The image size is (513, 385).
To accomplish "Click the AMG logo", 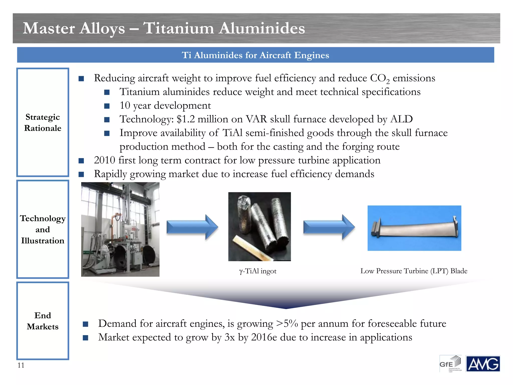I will point(483,364).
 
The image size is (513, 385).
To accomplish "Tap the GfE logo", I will point(450,364).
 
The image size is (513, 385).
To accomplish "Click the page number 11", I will point(21,365).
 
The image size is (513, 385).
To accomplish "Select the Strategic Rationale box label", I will point(43,123).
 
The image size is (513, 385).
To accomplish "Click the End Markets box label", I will point(43,321).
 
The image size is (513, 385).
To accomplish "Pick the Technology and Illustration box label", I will point(43,229).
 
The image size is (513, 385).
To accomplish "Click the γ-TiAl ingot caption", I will point(258,271).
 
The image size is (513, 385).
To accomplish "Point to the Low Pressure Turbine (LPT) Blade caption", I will point(414,271).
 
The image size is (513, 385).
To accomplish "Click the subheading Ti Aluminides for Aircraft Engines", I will point(255,55).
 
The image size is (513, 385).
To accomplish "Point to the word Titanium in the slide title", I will point(178,28).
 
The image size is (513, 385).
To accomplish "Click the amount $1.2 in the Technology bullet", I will point(186,119).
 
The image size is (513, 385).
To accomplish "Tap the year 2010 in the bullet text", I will point(104,160).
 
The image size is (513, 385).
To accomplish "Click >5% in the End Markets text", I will point(287,324).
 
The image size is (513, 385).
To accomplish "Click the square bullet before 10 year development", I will point(107,106).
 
